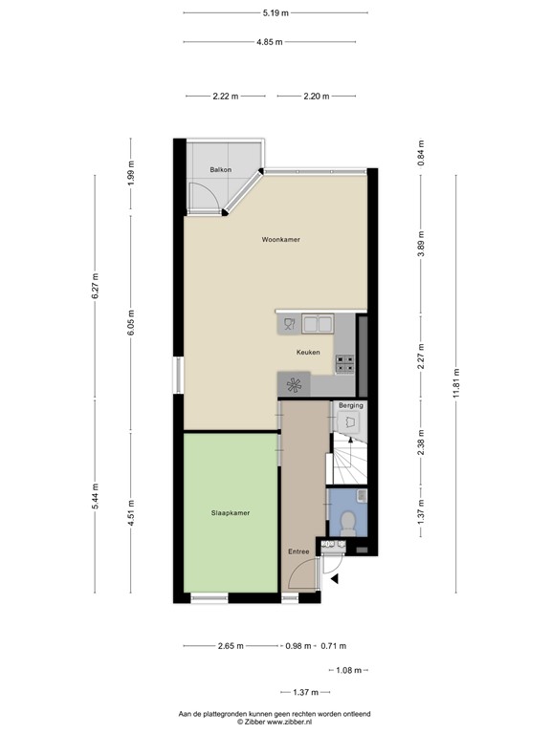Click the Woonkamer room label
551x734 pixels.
(280, 240)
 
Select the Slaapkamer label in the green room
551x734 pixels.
(231, 513)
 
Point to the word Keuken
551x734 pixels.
(307, 353)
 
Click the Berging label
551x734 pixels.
(351, 406)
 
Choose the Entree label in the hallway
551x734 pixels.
(298, 551)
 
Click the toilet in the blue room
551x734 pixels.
(349, 523)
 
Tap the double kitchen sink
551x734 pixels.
(317, 325)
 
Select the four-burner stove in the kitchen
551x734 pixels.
(344, 363)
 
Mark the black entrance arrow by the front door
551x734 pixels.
(334, 577)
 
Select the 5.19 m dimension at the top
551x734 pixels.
(275, 13)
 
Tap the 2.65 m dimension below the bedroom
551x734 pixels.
(227, 646)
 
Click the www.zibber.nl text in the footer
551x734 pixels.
(298, 722)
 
